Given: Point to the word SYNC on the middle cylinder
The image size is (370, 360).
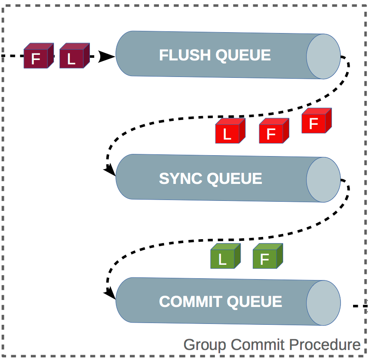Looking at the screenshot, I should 181,179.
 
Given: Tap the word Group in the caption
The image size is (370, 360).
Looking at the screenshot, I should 205,345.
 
